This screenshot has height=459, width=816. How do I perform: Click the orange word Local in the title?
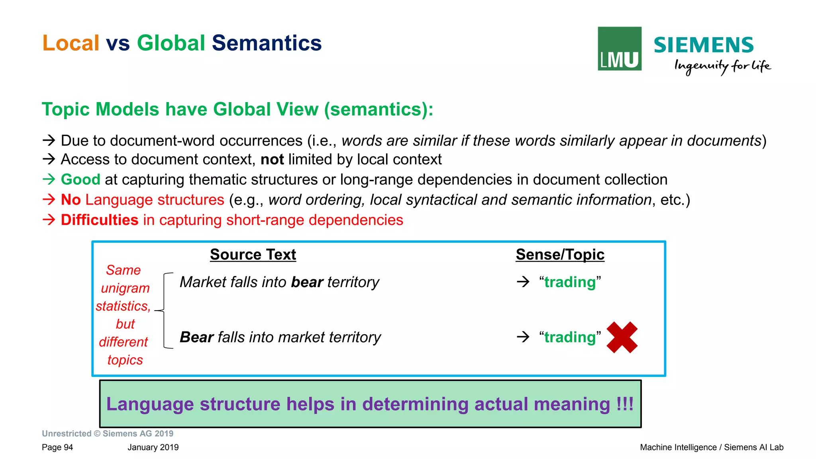click(71, 43)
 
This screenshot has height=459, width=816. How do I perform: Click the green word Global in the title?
click(171, 43)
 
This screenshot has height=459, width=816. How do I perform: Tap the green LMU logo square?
click(619, 49)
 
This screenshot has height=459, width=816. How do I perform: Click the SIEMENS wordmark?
click(703, 45)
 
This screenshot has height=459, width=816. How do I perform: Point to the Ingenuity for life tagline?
click(722, 66)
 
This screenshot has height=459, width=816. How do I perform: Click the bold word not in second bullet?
click(272, 160)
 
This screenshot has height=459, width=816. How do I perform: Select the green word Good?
click(80, 179)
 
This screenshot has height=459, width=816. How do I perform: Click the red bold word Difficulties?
click(99, 220)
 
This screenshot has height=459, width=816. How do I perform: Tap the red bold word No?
click(71, 200)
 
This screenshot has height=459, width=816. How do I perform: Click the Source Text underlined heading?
click(253, 254)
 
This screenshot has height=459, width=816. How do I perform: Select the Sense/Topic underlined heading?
click(560, 254)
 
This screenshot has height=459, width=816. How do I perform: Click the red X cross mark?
click(622, 337)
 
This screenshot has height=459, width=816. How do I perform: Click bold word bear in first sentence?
click(307, 282)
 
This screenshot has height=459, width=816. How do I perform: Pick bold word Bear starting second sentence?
click(196, 337)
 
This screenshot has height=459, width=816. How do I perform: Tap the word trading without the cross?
click(570, 282)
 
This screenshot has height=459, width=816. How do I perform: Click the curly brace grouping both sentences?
click(164, 310)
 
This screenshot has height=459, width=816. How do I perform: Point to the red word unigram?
click(125, 288)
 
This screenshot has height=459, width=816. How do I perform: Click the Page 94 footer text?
click(57, 447)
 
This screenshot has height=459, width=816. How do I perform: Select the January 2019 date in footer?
click(153, 447)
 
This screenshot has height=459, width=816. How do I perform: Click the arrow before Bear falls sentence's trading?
click(523, 337)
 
